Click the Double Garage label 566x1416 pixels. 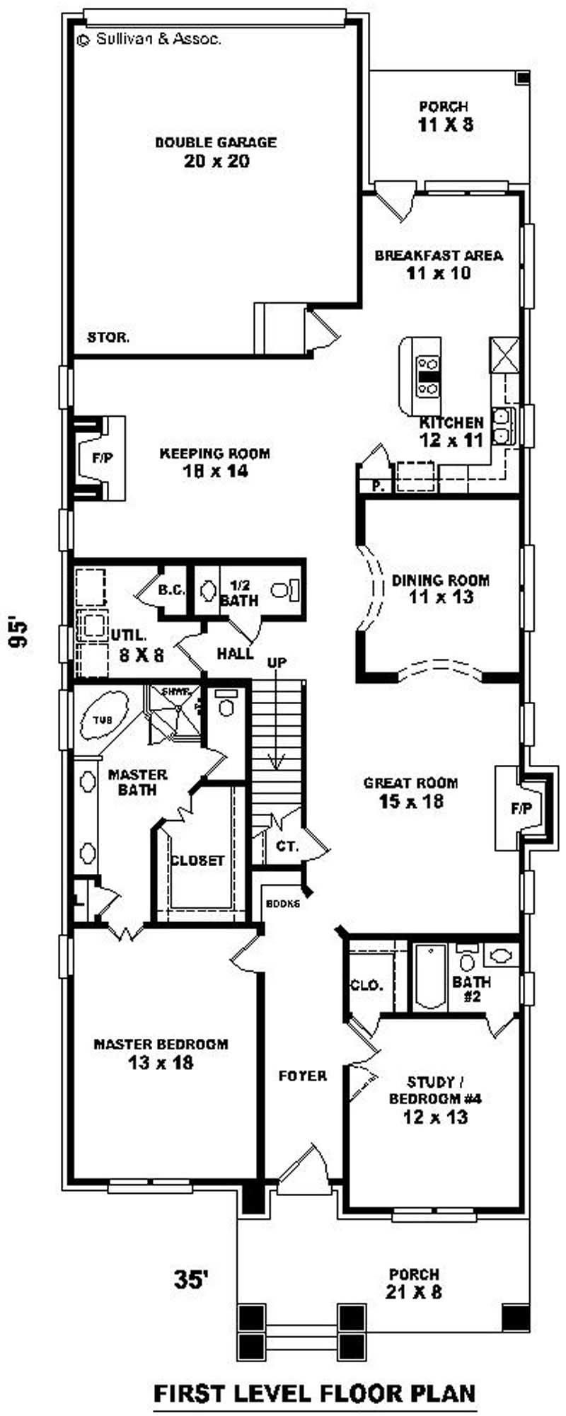tap(216, 142)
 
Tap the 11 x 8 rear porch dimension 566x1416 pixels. tap(444, 125)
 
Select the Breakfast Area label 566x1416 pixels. tap(439, 255)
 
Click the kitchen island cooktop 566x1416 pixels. tap(428, 375)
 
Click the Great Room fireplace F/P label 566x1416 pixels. tap(521, 807)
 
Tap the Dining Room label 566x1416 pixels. tap(440, 580)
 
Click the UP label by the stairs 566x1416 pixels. tap(277, 663)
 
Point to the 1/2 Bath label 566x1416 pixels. tap(238, 593)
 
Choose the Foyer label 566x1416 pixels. tap(302, 1076)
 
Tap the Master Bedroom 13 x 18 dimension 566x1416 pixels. tap(161, 1062)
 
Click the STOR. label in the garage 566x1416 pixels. tap(108, 337)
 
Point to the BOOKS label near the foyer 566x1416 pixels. tap(283, 904)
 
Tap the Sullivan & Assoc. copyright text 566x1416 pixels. tap(150, 40)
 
